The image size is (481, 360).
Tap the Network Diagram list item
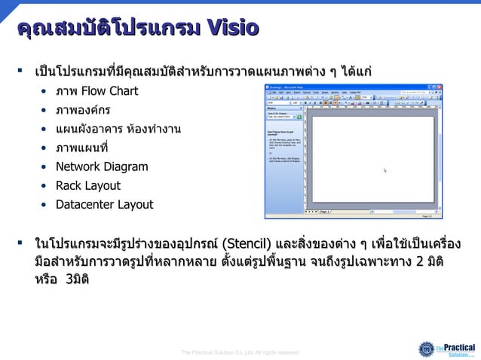pyautogui.click(x=101, y=166)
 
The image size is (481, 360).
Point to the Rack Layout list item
pyautogui.click(x=87, y=185)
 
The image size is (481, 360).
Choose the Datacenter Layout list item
pyautogui.click(x=104, y=204)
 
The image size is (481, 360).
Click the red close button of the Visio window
pyautogui.click(x=439, y=87)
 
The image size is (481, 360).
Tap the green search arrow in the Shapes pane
pyautogui.click(x=299, y=117)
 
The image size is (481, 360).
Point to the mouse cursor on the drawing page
pyautogui.click(x=385, y=171)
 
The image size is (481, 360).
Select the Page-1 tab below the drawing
pyautogui.click(x=325, y=212)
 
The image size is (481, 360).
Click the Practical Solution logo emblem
pyautogui.click(x=427, y=349)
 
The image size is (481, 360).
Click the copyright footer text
pyautogui.click(x=240, y=352)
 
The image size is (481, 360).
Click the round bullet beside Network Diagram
pyautogui.click(x=45, y=166)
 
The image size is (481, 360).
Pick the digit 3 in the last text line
pyautogui.click(x=69, y=279)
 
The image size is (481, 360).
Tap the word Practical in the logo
pyautogui.click(x=459, y=347)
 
